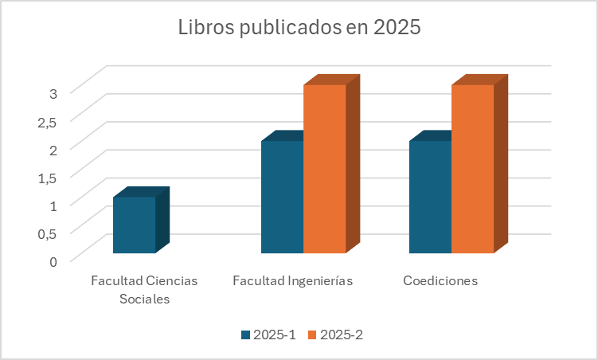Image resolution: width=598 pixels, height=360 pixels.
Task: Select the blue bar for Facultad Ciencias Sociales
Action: tap(134, 225)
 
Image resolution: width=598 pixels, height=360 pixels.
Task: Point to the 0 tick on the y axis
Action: tap(53, 260)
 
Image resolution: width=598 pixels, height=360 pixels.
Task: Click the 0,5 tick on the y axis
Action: tap(47, 233)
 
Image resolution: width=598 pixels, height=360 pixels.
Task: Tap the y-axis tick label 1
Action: tap(53, 205)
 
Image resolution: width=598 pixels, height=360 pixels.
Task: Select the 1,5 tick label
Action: tap(47, 177)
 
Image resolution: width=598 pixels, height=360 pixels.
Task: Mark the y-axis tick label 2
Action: tap(53, 149)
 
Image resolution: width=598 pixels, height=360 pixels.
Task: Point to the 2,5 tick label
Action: tap(47, 121)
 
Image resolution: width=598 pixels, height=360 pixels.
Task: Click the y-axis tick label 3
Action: tap(53, 93)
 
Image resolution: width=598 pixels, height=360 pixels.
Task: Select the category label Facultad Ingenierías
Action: tap(292, 281)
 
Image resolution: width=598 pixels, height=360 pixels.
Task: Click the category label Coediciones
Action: tap(440, 281)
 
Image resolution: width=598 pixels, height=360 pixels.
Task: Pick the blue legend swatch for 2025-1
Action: tap(246, 335)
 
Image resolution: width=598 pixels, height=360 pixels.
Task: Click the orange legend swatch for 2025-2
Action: tap(312, 335)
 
